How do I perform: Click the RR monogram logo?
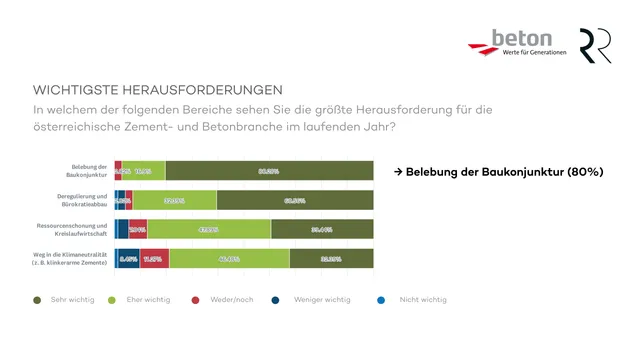596,45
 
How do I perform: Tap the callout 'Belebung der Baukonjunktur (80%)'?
498,171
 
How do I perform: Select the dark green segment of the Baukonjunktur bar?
269,171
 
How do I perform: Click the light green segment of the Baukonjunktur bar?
143,171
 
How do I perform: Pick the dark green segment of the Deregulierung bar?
295,200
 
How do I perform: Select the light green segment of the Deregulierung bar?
175,200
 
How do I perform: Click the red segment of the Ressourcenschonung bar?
138,229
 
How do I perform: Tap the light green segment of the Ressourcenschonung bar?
209,229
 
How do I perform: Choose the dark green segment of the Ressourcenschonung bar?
322,229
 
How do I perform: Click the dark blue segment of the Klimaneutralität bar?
128,258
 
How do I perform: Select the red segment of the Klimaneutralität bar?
154,258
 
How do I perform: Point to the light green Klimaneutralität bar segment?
229,258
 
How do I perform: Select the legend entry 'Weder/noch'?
225,299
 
